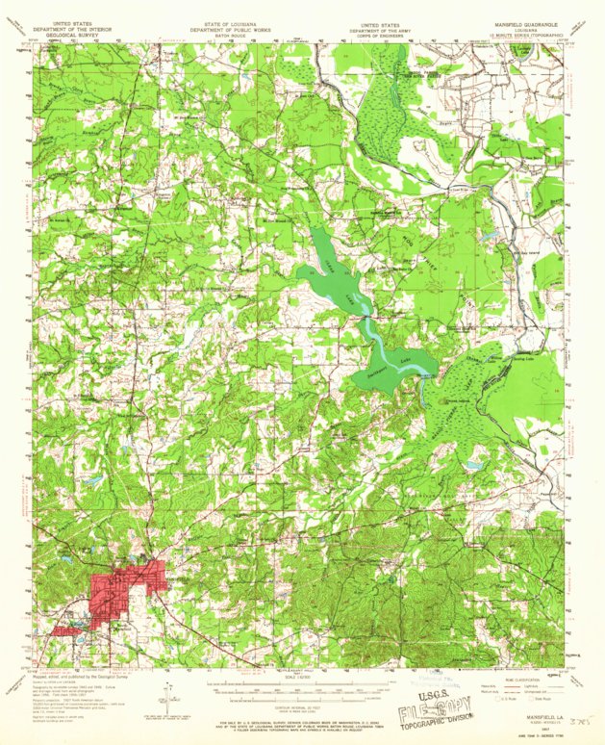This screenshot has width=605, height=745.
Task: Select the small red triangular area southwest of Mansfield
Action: click(x=67, y=630)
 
